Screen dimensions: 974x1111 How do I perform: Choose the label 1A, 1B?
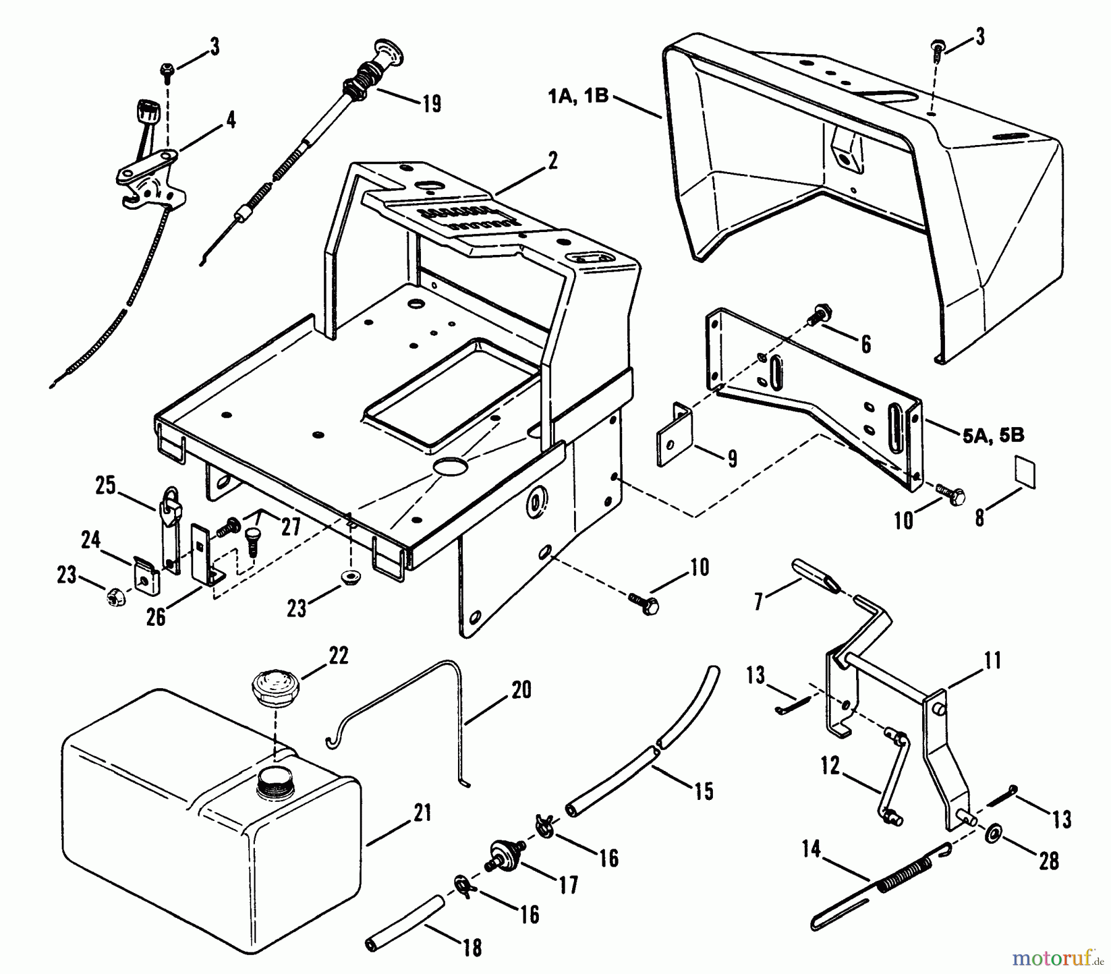[578, 97]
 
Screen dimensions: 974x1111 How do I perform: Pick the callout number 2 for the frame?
[552, 162]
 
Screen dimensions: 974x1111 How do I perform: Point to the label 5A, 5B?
[993, 435]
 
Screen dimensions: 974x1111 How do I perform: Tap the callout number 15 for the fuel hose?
[703, 791]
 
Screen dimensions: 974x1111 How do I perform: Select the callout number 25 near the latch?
[105, 486]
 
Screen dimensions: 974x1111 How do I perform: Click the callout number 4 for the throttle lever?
[230, 120]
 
